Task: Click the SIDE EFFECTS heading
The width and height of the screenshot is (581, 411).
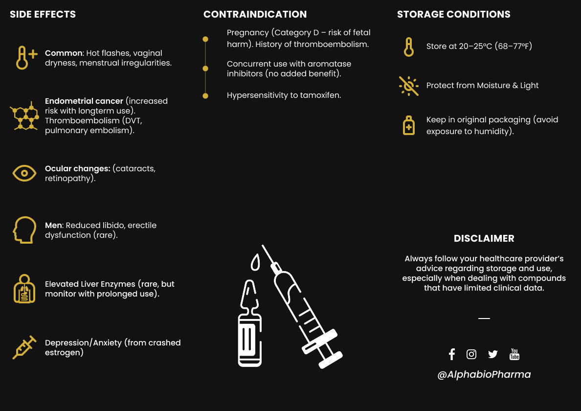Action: tap(43, 14)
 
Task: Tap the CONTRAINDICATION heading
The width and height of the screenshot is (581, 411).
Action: tap(255, 14)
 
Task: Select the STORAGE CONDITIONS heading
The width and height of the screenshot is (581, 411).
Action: tap(453, 14)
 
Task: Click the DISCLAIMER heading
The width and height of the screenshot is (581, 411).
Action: tap(484, 239)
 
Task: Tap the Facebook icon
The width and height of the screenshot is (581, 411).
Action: tap(452, 354)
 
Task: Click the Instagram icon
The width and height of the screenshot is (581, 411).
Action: tap(471, 354)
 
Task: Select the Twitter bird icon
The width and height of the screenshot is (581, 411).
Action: tap(492, 354)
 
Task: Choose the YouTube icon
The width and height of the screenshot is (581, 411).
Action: tap(514, 354)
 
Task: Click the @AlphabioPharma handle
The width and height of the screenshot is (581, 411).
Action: tap(484, 375)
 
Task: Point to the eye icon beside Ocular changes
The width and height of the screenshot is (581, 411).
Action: tap(24, 173)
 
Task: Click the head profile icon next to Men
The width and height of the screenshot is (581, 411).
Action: tap(24, 230)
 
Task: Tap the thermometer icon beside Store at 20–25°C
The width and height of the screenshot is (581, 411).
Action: tap(409, 47)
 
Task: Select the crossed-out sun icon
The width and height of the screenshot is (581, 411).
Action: tap(409, 86)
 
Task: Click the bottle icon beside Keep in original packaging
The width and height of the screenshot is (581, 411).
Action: tap(409, 125)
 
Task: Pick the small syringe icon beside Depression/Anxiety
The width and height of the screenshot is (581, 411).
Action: tap(24, 347)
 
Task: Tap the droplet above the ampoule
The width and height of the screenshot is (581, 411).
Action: tap(255, 263)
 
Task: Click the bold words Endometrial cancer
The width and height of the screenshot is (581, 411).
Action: tap(84, 101)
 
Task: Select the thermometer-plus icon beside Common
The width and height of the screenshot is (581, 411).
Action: tap(25, 58)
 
